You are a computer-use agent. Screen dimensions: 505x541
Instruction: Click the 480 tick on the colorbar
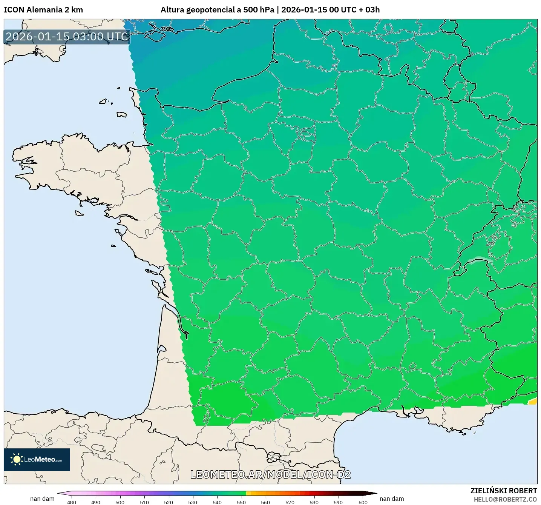[x=72, y=502]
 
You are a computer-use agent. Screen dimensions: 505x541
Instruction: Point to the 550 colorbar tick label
[x=241, y=502]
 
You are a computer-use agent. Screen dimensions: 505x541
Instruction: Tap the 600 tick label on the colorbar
[x=363, y=502]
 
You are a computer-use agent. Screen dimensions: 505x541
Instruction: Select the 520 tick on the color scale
[x=169, y=502]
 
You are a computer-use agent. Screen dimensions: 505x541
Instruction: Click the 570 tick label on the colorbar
[x=290, y=502]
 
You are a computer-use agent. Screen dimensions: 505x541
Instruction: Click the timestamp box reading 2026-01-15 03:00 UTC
[x=67, y=37]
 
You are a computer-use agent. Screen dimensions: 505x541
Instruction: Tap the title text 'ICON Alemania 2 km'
[x=43, y=10]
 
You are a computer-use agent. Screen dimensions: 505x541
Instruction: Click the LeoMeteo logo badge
[x=37, y=459]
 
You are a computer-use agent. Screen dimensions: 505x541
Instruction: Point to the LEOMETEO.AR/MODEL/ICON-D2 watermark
[x=270, y=474]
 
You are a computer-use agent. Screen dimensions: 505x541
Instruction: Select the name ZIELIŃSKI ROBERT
[x=504, y=491]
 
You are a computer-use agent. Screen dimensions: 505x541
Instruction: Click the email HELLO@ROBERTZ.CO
[x=505, y=499]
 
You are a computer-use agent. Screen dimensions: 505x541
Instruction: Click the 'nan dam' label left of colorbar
[x=42, y=499]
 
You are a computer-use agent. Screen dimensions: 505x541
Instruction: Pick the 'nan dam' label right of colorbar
[x=392, y=499]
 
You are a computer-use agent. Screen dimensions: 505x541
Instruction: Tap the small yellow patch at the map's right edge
[x=533, y=402]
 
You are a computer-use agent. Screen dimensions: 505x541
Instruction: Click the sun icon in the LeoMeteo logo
[x=17, y=459]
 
